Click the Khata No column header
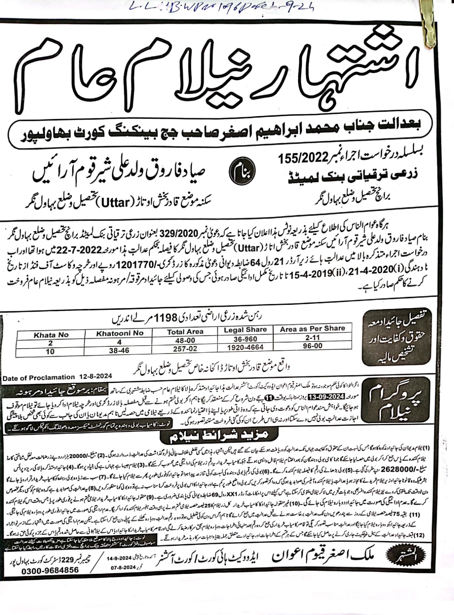pos(51,335)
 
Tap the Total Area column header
pos(185,331)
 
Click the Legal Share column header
pos(245,330)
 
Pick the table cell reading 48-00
pos(185,340)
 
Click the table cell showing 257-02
pos(185,348)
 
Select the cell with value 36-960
pos(245,339)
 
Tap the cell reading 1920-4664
pos(245,347)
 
